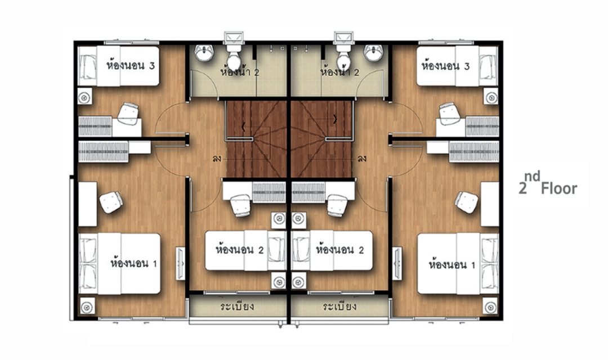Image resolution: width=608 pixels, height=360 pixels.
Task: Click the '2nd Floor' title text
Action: (x=548, y=183)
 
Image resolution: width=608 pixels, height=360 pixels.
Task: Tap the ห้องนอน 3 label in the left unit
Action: (x=131, y=65)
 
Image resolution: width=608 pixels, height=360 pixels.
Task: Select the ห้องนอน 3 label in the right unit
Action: (x=446, y=65)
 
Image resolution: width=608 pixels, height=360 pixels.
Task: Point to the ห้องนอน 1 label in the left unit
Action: (x=134, y=263)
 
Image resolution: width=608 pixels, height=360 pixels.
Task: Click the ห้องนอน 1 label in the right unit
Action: (x=452, y=265)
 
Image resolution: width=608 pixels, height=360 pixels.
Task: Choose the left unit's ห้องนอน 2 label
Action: (x=240, y=250)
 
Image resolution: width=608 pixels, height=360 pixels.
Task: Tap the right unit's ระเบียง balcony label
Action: (x=339, y=307)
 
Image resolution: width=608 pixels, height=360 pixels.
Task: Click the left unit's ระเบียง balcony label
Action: (x=237, y=307)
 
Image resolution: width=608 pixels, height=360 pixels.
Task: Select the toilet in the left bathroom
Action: (x=234, y=56)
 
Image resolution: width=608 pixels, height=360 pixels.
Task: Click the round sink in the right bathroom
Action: (x=373, y=53)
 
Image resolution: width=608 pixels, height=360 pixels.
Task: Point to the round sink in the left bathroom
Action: (x=204, y=53)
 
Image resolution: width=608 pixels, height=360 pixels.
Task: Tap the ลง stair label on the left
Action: (x=217, y=159)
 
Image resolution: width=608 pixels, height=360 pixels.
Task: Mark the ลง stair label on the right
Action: (x=362, y=159)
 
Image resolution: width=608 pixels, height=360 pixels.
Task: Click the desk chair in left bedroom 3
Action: (x=128, y=113)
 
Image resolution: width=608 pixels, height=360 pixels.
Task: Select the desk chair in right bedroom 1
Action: (x=467, y=202)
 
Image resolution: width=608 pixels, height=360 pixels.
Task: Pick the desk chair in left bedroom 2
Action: (x=240, y=205)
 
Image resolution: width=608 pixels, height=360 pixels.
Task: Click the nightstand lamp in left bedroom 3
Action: (x=84, y=98)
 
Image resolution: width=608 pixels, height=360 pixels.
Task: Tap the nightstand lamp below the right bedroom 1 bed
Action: (x=490, y=307)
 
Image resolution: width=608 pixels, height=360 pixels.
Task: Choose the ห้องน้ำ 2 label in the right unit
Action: (x=339, y=71)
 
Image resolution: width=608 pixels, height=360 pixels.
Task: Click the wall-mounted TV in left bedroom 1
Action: (x=180, y=263)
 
